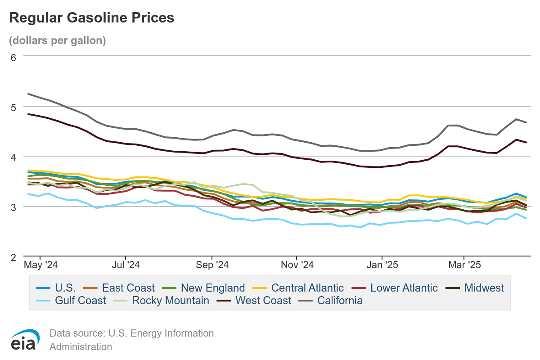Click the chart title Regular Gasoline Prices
[91, 18]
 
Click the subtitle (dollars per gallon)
[57, 40]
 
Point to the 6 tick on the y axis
[13, 57]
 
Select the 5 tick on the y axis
[13, 107]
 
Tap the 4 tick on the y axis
[13, 157]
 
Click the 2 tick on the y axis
[13, 257]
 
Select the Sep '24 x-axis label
[213, 265]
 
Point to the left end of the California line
[28, 94]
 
